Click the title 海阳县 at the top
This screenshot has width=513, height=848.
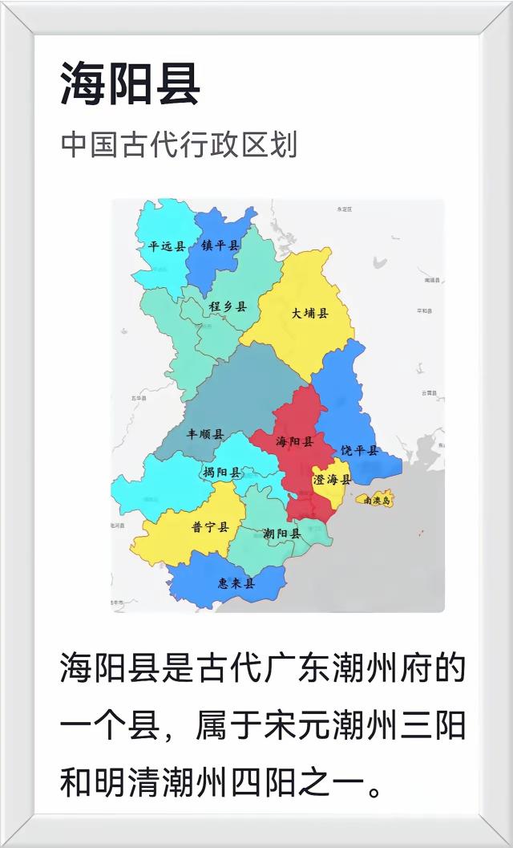[130, 84]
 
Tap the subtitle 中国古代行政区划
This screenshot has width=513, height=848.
[179, 145]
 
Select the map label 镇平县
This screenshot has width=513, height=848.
[220, 245]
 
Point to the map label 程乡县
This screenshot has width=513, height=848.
[228, 306]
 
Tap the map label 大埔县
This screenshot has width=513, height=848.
[310, 313]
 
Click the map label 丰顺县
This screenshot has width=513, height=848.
[205, 434]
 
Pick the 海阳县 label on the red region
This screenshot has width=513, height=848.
[294, 441]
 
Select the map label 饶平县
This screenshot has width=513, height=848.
[359, 451]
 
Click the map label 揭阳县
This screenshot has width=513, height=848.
[222, 472]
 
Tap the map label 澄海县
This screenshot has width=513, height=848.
[332, 480]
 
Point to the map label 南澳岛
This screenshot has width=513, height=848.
[378, 501]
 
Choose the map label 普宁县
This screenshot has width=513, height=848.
[210, 527]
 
